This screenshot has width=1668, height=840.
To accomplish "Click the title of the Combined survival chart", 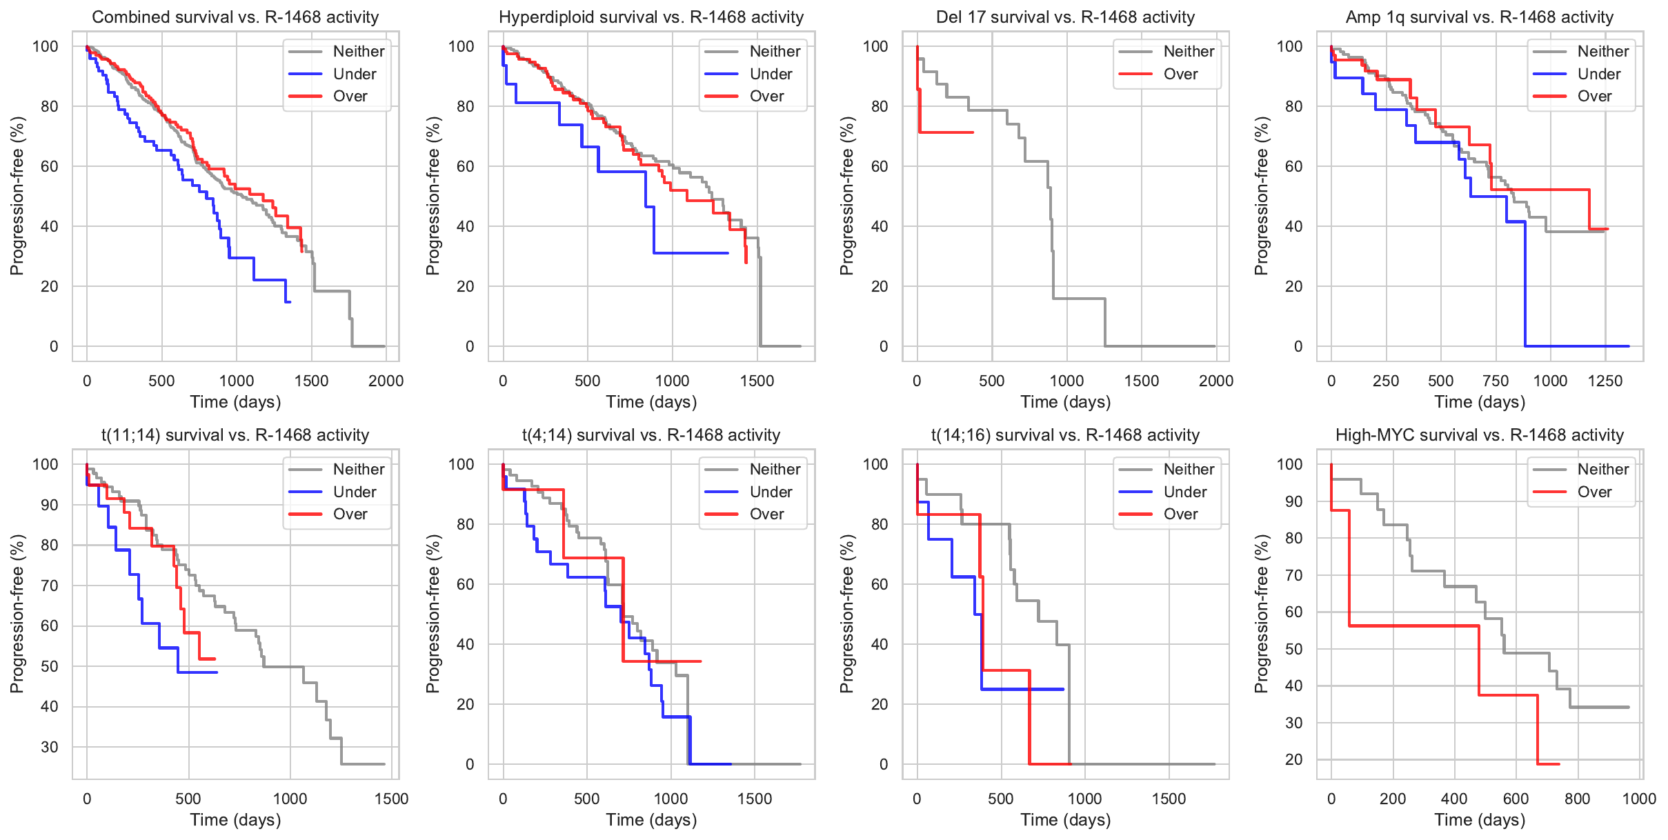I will point(235,17).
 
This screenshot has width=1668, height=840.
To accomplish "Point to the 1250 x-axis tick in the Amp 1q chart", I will point(1605,381).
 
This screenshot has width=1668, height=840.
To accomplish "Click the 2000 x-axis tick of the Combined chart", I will point(386,381).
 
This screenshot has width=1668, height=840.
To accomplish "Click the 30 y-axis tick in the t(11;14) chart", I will point(50,747).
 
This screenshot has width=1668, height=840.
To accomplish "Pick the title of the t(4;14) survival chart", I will point(651,435).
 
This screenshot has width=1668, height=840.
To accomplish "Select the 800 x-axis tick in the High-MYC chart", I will point(1577,799).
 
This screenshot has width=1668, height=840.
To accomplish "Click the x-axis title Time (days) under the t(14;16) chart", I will point(1065,820).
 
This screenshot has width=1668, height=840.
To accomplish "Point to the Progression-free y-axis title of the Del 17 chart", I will point(846,196).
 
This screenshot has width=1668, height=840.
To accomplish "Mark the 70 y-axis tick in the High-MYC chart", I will point(1293,575).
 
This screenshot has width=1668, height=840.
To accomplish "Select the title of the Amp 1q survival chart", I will point(1479,17).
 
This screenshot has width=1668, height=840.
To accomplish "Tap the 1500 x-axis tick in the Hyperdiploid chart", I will point(757,381).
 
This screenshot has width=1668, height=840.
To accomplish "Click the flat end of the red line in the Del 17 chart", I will point(972,132).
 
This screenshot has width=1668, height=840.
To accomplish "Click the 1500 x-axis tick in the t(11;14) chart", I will point(391,799).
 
